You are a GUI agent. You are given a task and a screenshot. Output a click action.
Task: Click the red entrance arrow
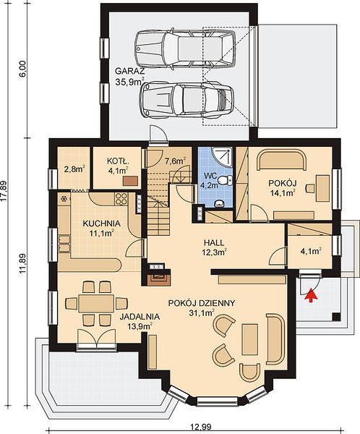[312, 294]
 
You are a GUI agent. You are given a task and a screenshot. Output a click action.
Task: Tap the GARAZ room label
[130, 71]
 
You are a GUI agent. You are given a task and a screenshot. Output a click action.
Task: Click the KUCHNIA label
[101, 224]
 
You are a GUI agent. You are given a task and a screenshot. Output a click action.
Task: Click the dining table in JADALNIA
[96, 303]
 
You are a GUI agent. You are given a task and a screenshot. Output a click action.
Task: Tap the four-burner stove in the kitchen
[121, 199]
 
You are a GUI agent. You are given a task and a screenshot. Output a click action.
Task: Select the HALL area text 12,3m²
[214, 252]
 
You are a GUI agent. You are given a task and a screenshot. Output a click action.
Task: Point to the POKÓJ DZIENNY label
[202, 303]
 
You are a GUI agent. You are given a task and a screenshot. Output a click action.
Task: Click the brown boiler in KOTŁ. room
[130, 181]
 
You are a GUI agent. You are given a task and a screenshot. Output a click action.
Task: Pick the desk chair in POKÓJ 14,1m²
[310, 188]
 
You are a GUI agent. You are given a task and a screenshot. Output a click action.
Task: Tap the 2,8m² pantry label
[74, 169]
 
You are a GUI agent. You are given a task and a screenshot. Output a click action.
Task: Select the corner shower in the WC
[221, 156]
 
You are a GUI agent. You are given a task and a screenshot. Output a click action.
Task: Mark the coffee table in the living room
[249, 339]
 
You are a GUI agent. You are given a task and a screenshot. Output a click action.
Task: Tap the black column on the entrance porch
[336, 317]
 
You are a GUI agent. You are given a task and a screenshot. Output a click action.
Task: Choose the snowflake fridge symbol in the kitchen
[64, 199]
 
